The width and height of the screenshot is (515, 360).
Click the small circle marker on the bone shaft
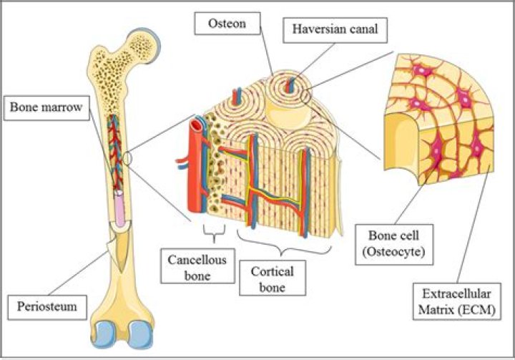(128, 157)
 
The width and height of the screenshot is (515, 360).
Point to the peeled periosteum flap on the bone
(113, 247)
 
